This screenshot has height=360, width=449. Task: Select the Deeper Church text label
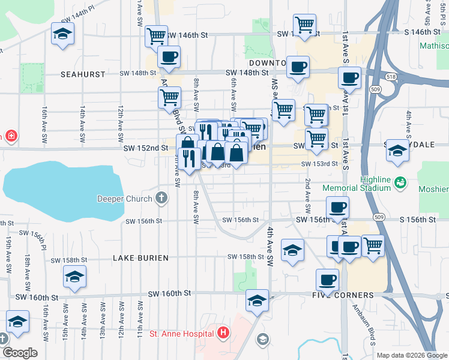(124, 198)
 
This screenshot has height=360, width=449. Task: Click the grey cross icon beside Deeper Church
(160, 197)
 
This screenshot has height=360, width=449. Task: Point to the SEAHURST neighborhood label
(83, 74)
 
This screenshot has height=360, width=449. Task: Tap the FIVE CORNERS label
(343, 296)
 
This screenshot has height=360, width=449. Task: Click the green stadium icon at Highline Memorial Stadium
(401, 182)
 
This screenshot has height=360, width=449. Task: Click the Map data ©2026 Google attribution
(411, 355)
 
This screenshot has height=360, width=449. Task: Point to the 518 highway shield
(391, 77)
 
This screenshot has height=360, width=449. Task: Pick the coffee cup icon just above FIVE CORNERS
(327, 279)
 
